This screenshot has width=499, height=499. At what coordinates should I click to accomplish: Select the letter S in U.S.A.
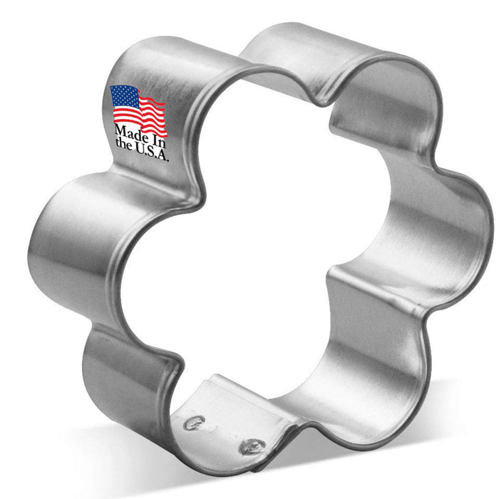tap(150, 153)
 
